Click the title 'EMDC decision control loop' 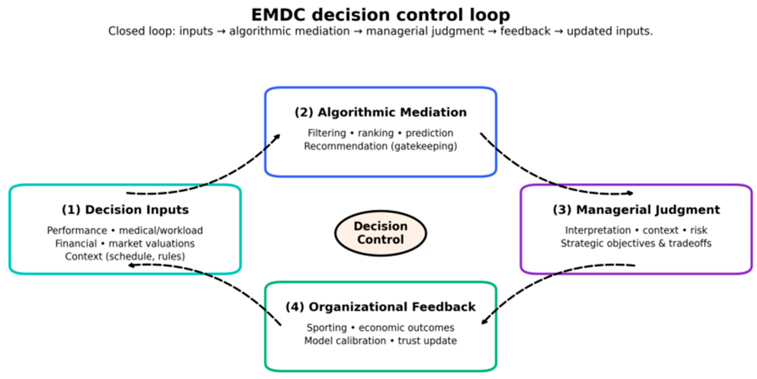pos(381,15)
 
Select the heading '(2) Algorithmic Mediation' pos(381,112)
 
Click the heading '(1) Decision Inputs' pos(125,210)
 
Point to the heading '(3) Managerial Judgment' pos(636,210)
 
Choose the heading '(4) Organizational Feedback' pos(381,307)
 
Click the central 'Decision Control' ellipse pos(381,233)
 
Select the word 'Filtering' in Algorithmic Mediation pos(327,133)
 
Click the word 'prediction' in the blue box pos(429,133)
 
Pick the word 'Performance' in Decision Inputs pos(77,230)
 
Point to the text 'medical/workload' pos(161,230)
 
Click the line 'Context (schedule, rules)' pos(125,257)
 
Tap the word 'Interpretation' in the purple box pos(598,230)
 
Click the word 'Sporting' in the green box pos(327,328)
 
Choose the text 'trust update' pos(427,341)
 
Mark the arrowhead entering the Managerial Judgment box pos(629,193)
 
